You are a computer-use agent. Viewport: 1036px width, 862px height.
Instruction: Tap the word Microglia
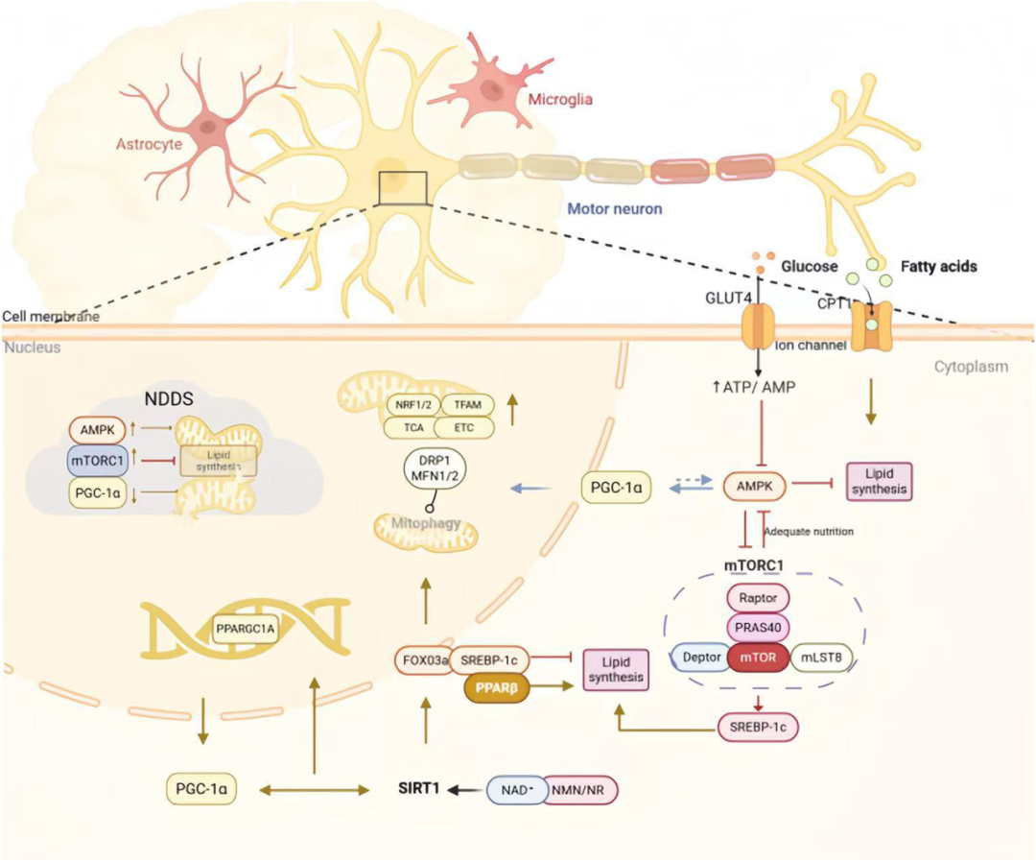click(560, 99)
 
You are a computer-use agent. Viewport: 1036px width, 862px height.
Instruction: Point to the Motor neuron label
click(615, 207)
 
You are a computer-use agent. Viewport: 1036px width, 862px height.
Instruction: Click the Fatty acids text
click(937, 266)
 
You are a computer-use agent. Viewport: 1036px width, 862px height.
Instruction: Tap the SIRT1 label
click(418, 789)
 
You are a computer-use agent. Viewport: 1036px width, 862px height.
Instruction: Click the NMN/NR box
click(580, 789)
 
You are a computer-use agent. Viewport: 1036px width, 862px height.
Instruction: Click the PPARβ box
click(497, 688)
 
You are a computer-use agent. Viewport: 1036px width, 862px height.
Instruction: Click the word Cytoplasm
click(971, 367)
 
